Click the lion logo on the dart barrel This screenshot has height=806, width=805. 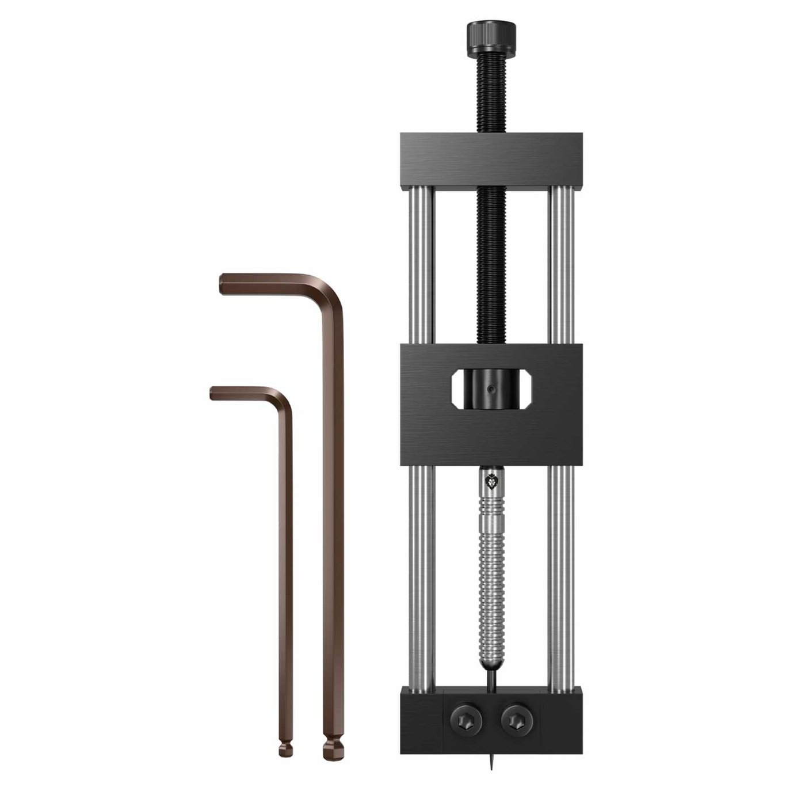click(491, 481)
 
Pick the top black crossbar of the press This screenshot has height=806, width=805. click(491, 162)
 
